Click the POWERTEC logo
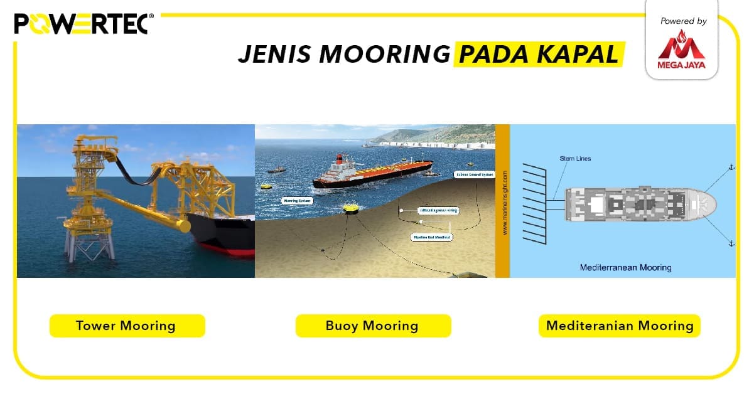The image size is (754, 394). click(81, 24)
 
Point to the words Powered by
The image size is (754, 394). click(683, 21)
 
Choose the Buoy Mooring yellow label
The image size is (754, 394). click(372, 326)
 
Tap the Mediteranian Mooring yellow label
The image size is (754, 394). click(620, 326)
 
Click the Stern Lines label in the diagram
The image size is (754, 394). click(575, 159)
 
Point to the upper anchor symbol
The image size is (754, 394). click(730, 167)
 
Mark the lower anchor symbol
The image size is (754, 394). click(730, 242)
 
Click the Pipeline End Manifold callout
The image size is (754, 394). click(433, 237)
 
